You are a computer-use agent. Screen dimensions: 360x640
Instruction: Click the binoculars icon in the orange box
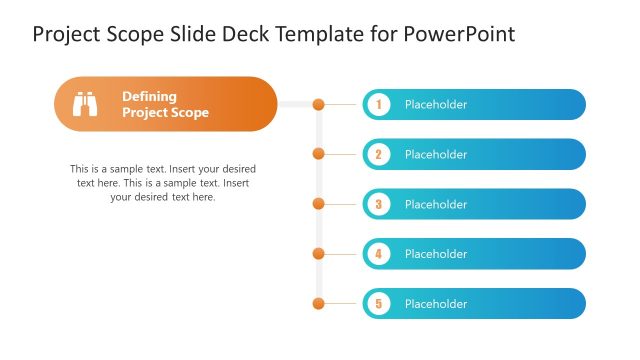[85, 104]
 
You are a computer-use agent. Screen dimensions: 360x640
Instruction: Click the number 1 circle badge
[378, 104]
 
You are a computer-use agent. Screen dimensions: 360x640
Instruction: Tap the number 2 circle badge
[378, 154]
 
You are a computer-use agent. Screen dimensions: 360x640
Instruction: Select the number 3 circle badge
[378, 204]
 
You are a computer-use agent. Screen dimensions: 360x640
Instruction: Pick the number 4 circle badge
[378, 254]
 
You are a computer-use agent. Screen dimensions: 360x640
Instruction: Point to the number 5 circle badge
[378, 303]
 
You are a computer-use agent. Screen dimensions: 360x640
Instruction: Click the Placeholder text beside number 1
[435, 104]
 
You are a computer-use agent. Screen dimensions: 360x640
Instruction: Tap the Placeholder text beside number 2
[435, 154]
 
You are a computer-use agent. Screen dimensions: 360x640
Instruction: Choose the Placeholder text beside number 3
[435, 204]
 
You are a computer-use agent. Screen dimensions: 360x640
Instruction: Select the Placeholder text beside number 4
[435, 254]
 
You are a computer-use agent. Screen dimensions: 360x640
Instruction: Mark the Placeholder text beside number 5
[435, 303]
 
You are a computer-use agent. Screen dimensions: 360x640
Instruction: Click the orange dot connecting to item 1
[318, 104]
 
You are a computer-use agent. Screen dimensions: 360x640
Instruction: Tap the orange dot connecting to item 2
[318, 154]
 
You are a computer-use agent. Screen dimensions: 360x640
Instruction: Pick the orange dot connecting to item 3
[318, 204]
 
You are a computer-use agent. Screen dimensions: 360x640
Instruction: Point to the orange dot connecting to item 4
[318, 254]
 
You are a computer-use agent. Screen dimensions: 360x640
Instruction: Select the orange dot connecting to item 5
[318, 303]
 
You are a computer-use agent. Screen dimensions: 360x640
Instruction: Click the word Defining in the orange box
[149, 96]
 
